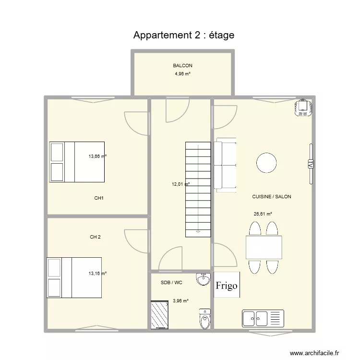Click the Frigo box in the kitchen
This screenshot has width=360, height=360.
[x=227, y=286]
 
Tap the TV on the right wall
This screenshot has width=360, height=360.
[x=311, y=164]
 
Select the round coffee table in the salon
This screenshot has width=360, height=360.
[x=266, y=163]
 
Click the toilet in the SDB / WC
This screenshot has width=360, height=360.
[x=205, y=319]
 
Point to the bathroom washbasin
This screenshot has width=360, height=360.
[x=204, y=278]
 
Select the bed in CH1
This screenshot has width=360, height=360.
[x=77, y=162]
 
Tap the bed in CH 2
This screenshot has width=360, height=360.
[x=74, y=278]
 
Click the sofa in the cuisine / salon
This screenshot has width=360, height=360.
[x=226, y=165]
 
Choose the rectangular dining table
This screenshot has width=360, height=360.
[x=264, y=247]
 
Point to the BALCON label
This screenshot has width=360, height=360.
[x=183, y=66]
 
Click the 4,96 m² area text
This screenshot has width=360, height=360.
[x=182, y=74]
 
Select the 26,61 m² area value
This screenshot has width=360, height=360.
[x=263, y=215]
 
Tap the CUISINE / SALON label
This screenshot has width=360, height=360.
[x=272, y=197]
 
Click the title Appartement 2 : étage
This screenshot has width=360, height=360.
[x=184, y=35]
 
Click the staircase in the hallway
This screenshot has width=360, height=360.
[x=198, y=189]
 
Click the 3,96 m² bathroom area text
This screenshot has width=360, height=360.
[x=180, y=301]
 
